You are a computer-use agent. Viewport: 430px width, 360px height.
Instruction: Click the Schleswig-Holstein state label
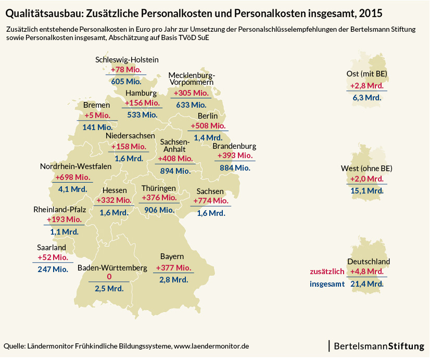127,60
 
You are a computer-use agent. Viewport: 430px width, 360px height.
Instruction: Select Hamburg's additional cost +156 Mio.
142,103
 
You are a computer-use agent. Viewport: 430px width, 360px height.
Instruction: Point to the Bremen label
97,105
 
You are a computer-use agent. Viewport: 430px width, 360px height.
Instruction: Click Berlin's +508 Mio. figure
208,126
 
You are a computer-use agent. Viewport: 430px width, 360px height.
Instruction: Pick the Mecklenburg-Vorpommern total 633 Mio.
191,105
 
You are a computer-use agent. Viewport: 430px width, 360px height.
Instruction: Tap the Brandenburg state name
234,146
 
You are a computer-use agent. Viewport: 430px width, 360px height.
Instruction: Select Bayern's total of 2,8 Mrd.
173,279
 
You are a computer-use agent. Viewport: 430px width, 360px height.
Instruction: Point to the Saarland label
52,247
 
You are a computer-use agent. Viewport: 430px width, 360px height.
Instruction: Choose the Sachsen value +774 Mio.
211,201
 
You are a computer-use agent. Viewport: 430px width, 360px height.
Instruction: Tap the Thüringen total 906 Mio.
159,210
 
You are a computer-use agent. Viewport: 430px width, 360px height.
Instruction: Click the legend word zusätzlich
327,272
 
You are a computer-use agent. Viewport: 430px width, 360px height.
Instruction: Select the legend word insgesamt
327,284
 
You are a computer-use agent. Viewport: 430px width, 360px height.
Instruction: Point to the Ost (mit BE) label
366,73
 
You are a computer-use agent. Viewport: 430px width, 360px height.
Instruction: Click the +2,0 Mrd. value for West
367,179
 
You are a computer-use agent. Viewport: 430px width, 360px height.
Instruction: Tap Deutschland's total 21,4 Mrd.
367,284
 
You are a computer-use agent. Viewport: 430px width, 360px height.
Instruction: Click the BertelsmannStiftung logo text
378,346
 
